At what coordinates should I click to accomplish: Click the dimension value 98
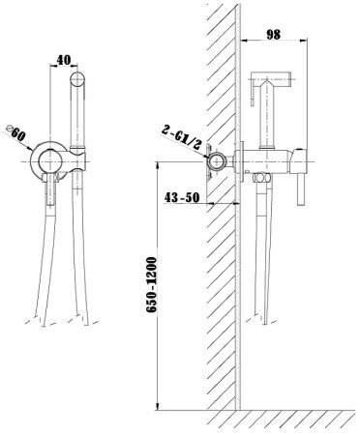[274, 34]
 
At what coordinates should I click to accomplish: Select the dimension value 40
[64, 60]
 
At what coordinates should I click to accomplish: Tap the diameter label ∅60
[16, 132]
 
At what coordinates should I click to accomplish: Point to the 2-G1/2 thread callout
[181, 137]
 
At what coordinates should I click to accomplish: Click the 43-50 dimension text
[182, 197]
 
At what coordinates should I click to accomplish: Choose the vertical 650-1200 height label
[151, 285]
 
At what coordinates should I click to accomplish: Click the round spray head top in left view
[77, 79]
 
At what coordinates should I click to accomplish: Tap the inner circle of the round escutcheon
[49, 160]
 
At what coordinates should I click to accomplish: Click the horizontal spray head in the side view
[271, 76]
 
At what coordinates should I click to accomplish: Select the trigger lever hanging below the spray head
[253, 93]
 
